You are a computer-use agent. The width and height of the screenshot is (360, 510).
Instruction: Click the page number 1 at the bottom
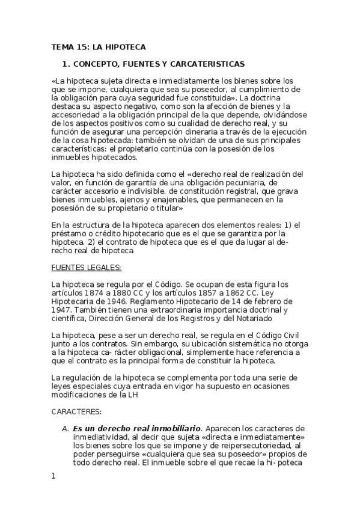click(x=53, y=476)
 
